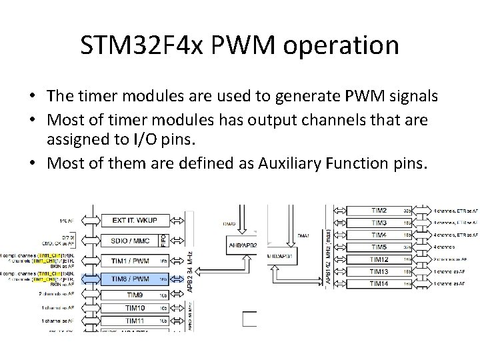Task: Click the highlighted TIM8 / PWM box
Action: (131, 279)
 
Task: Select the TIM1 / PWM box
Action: (131, 261)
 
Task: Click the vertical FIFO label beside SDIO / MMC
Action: (164, 241)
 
